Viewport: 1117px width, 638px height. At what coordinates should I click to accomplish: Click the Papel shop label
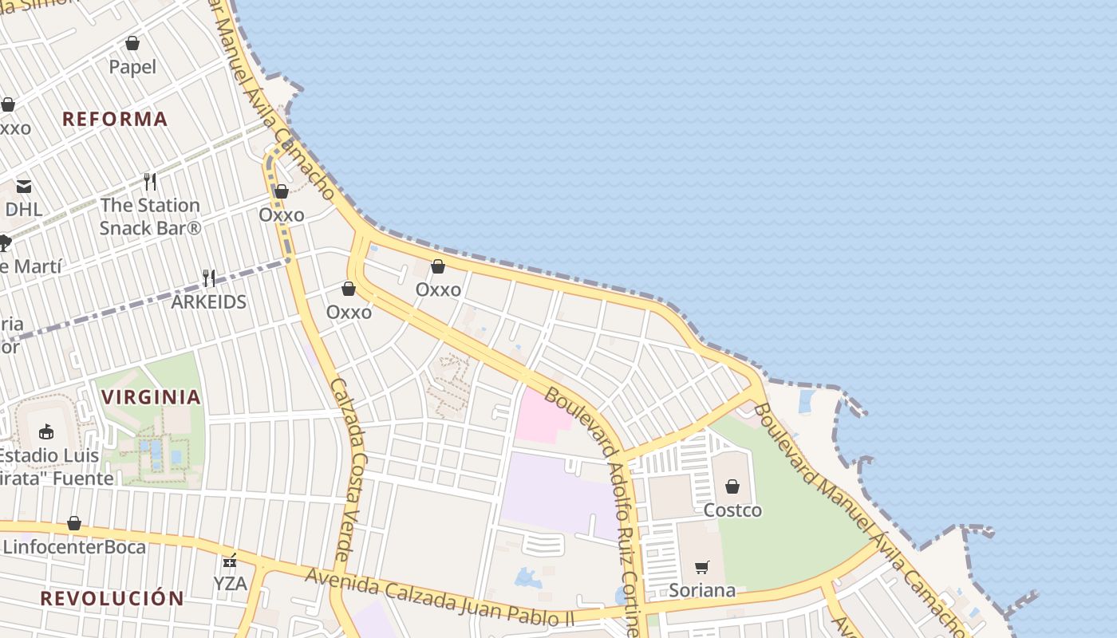(132, 67)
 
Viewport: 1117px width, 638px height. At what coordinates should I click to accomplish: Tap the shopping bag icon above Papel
(132, 43)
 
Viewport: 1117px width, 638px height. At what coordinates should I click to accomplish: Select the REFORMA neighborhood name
(115, 119)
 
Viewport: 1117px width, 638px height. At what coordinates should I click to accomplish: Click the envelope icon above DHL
(24, 187)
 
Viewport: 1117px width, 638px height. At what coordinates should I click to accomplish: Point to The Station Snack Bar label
(150, 216)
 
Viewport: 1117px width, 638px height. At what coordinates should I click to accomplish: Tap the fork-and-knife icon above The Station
(150, 181)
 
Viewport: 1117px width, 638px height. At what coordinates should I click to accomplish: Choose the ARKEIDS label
(209, 302)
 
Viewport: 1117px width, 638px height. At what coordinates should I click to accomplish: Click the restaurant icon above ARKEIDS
(209, 278)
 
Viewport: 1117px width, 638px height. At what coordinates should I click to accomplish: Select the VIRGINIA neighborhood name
(151, 396)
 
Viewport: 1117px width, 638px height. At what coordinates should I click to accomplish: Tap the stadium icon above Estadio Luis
(46, 431)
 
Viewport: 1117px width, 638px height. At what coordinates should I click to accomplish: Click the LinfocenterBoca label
(74, 547)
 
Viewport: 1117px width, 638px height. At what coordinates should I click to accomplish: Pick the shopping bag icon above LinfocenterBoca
(74, 523)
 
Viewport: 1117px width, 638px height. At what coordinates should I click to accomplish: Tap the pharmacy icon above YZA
(230, 561)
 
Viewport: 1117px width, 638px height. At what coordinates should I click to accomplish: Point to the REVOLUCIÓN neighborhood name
(112, 598)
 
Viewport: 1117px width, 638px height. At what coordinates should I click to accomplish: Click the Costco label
(732, 510)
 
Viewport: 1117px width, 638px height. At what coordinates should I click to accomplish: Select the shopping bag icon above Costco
(732, 486)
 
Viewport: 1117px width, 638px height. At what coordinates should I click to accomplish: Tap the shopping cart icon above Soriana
(702, 567)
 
